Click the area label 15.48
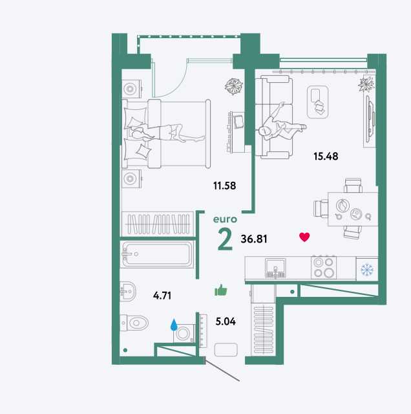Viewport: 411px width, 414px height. point(326,157)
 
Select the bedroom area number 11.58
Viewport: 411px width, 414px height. point(224,186)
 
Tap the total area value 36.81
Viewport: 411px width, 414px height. point(254,239)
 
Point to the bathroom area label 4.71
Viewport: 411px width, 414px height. point(162,296)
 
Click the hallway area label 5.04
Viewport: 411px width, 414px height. point(226,321)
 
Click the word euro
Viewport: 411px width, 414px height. point(225,219)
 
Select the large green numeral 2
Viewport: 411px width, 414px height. point(225,239)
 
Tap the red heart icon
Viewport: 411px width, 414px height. point(304,237)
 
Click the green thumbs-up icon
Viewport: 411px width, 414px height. point(221,290)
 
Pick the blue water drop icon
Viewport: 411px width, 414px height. point(174,325)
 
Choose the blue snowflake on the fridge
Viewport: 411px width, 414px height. point(367,270)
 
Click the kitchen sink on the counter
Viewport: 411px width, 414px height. point(275,268)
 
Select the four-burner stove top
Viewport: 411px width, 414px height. point(324,267)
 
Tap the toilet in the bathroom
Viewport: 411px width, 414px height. point(134,322)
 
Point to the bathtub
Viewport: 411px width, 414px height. point(157,254)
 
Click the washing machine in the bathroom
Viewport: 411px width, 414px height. point(184,334)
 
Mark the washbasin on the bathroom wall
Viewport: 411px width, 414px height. point(128,292)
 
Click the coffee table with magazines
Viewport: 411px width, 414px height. point(317,102)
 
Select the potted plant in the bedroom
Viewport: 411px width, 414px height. point(233,86)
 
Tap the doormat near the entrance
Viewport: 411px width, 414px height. point(226,349)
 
